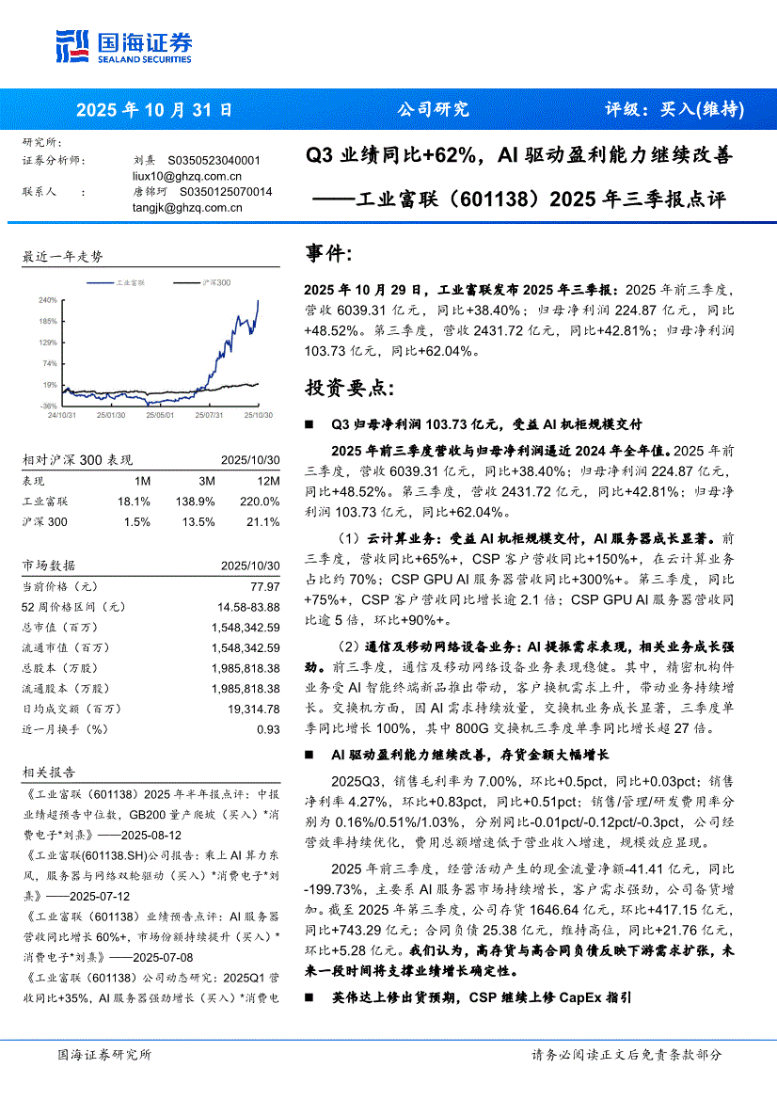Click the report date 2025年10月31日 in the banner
[x=154, y=109]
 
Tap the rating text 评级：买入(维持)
[x=674, y=109]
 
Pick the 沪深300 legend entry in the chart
[x=216, y=281]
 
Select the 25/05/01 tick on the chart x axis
[x=161, y=414]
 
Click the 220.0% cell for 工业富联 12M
[x=261, y=502]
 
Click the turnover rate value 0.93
[x=268, y=729]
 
